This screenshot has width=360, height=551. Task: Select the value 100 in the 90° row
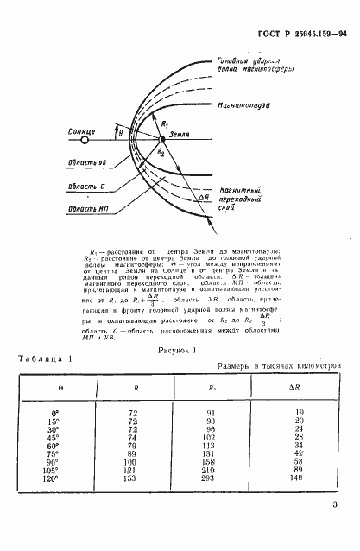(x=134, y=461)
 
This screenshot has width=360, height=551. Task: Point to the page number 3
(x=332, y=511)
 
